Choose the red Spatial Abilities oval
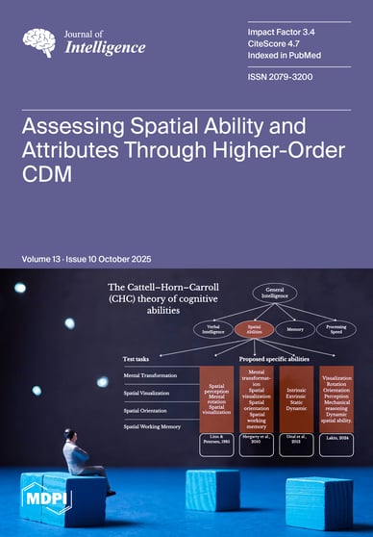coord(238,330)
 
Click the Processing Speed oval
coord(336,329)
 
